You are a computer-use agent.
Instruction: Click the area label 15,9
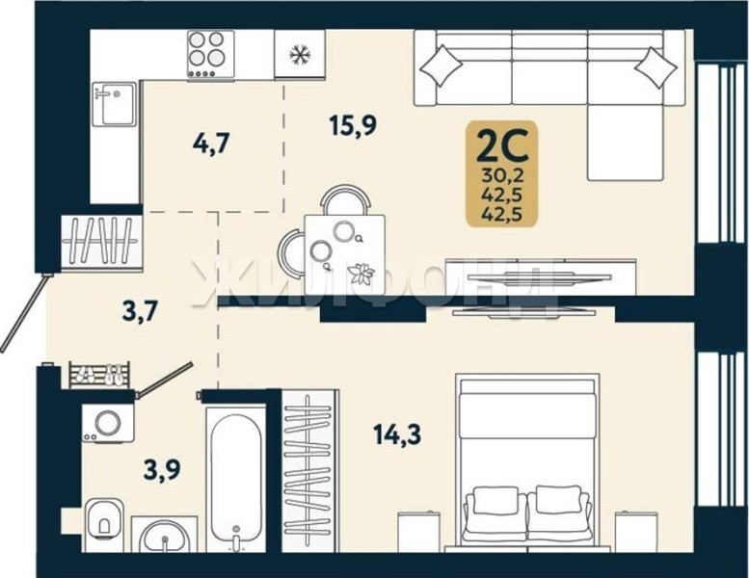pyautogui.click(x=353, y=125)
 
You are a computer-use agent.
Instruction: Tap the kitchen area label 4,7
pyautogui.click(x=212, y=144)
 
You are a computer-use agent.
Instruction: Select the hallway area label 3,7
pyautogui.click(x=140, y=312)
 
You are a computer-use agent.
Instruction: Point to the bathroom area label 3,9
pyautogui.click(x=162, y=469)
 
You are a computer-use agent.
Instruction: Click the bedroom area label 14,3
pyautogui.click(x=397, y=434)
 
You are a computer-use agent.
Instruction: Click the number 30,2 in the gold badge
pyautogui.click(x=503, y=175)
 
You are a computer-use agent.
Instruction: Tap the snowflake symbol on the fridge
pyautogui.click(x=300, y=54)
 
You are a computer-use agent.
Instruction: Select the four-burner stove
pyautogui.click(x=211, y=54)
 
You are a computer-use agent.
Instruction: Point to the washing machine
pyautogui.click(x=107, y=423)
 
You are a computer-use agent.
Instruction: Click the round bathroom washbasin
pyautogui.click(x=165, y=536)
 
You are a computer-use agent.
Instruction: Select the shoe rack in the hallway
pyautogui.click(x=99, y=375)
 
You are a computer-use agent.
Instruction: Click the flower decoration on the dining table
pyautogui.click(x=361, y=274)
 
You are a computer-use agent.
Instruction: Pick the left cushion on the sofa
pyautogui.click(x=441, y=66)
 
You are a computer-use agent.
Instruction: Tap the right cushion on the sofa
pyautogui.click(x=655, y=67)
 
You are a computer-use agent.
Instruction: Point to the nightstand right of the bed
pyautogui.click(x=636, y=532)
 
